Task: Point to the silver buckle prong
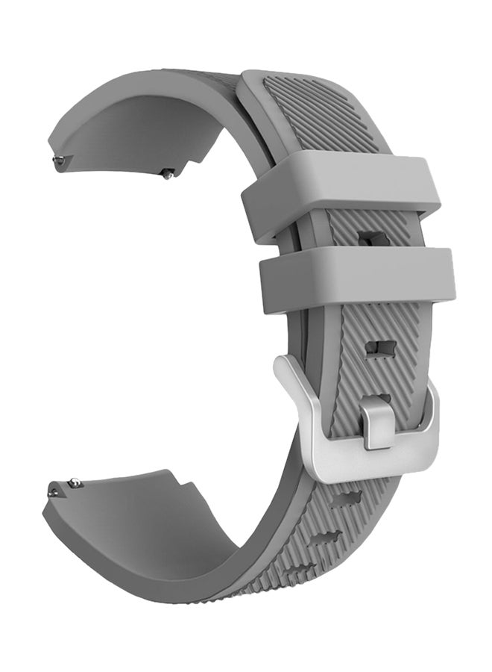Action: pos(379,426)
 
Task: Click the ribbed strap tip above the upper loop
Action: pos(298,112)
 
